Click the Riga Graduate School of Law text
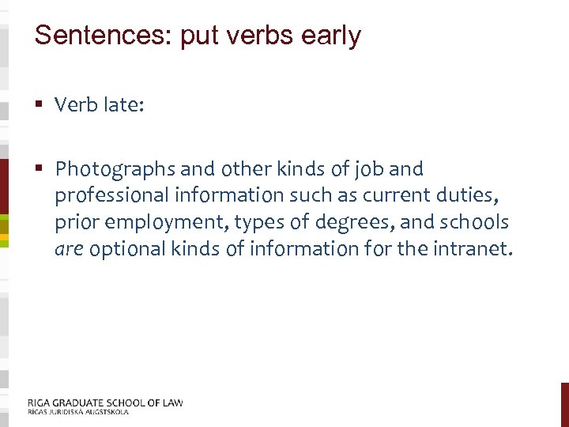pos(104,402)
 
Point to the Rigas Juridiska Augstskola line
pos(77,412)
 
